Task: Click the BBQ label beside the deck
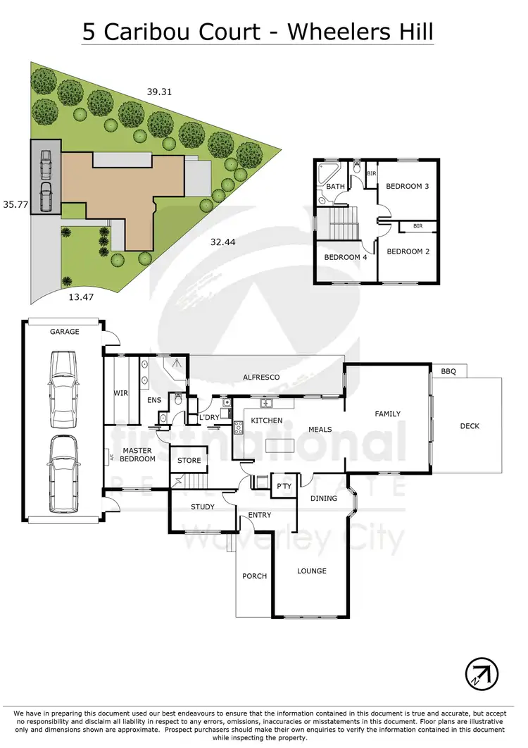point(448,370)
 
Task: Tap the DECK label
point(470,425)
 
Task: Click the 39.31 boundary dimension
point(159,91)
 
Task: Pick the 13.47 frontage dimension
point(81,297)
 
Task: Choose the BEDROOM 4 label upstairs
point(345,257)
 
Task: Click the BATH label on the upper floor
point(335,187)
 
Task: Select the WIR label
point(120,393)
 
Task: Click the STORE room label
point(189,461)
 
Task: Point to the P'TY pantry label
point(284,486)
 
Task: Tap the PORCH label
point(254,576)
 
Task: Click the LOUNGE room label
point(311,571)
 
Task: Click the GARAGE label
point(64,332)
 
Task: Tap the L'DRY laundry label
point(210,418)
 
